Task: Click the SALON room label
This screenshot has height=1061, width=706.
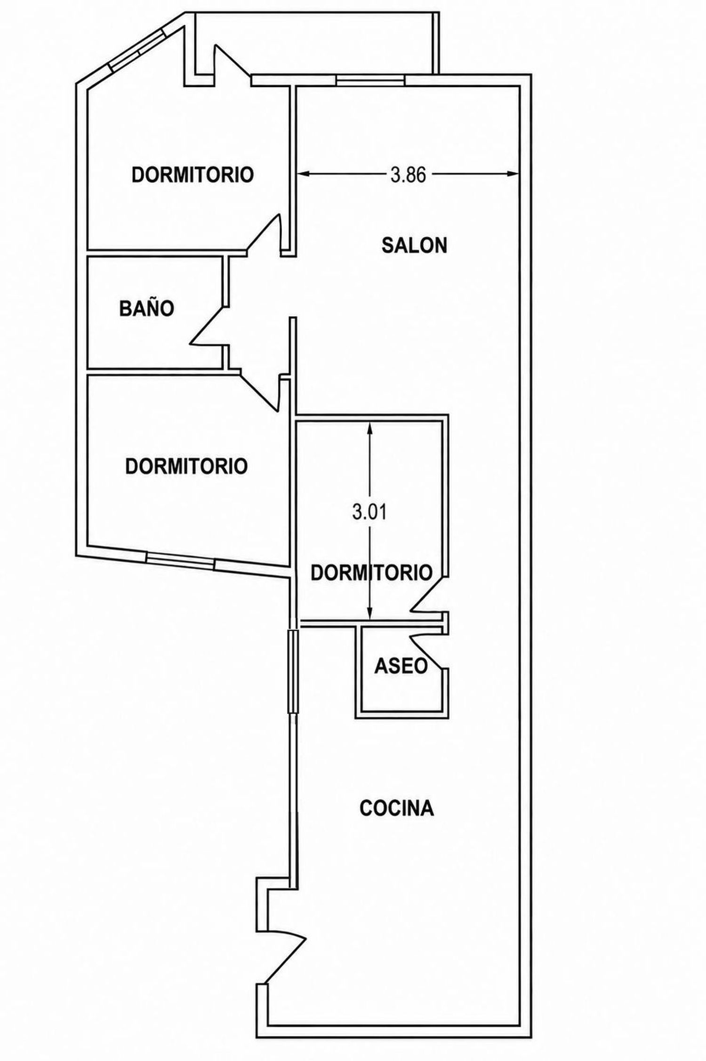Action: coord(414,246)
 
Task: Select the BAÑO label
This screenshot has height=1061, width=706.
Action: coord(147,309)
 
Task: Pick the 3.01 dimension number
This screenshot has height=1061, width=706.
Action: coord(369,512)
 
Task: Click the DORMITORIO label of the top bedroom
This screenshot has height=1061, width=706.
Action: coord(193,175)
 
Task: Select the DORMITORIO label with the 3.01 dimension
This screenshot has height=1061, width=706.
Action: coord(372,573)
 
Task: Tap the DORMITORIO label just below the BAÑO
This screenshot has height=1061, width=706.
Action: coord(186,466)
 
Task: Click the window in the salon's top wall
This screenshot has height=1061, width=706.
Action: coord(370,80)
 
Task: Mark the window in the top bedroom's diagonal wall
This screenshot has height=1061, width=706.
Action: coord(136,49)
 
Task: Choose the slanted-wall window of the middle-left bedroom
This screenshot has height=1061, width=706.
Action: coord(180,558)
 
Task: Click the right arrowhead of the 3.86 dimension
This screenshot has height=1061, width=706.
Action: coord(514,174)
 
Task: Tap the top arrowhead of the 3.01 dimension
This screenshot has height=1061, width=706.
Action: coord(369,427)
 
